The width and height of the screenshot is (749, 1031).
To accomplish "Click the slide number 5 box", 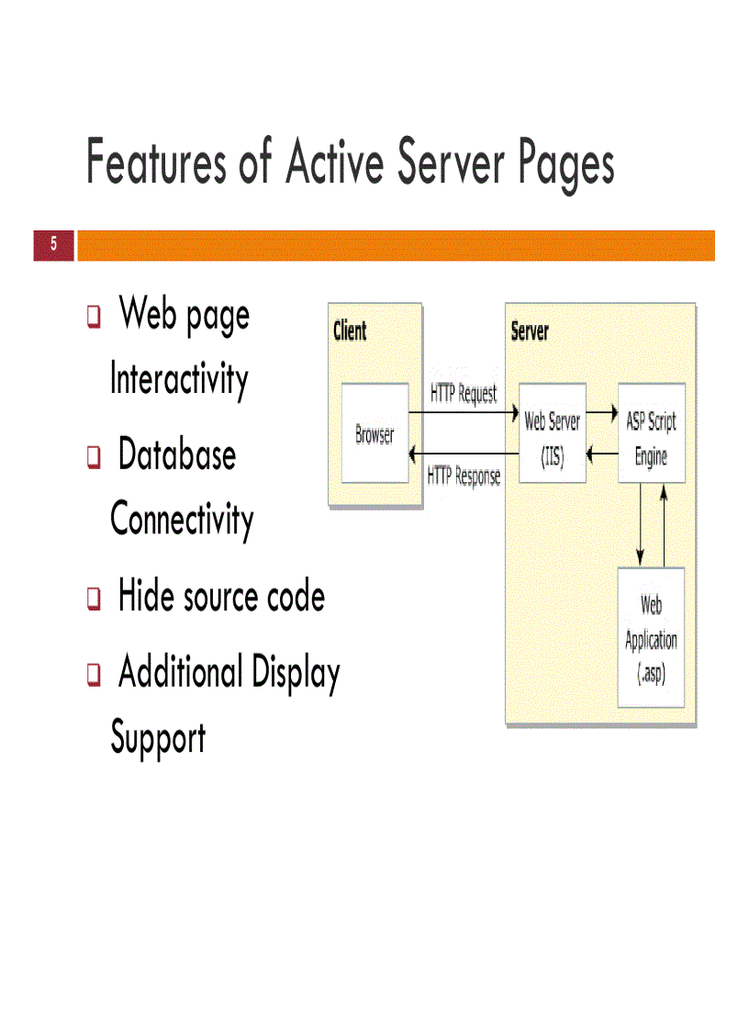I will (53, 244).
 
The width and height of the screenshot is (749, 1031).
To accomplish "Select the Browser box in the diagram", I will (374, 433).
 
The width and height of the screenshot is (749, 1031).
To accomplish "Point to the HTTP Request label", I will (464, 393).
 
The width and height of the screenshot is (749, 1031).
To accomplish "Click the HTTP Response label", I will (464, 476).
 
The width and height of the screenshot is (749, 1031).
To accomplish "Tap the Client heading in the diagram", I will (350, 331).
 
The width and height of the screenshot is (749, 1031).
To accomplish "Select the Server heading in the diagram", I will (530, 331).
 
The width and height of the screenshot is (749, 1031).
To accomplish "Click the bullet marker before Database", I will (93, 457).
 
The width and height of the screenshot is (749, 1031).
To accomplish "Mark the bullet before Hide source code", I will (93, 600).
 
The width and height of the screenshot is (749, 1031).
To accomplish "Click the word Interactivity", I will (179, 379).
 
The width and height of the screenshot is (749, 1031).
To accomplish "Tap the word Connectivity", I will (182, 520).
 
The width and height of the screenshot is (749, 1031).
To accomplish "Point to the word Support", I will (158, 738).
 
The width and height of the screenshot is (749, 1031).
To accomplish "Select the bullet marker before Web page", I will (93, 318).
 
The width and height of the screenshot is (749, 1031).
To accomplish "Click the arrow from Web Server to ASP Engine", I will (601, 413).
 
